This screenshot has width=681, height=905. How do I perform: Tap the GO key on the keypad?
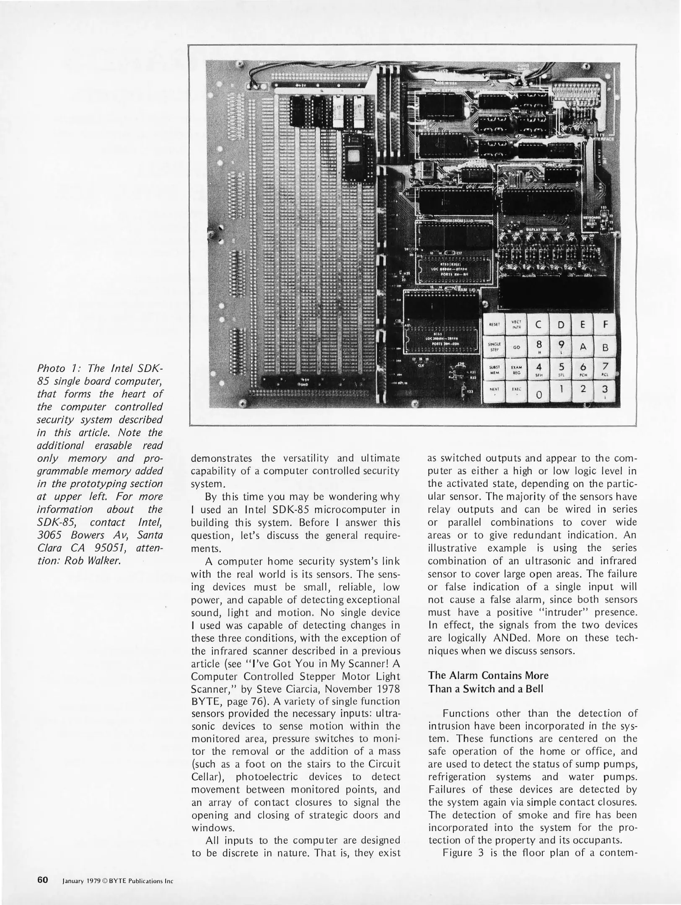(x=516, y=347)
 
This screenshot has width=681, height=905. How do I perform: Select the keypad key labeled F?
(x=605, y=325)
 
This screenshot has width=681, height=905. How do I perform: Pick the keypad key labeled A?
(x=583, y=347)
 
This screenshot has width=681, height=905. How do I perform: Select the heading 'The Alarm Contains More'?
(x=488, y=675)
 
